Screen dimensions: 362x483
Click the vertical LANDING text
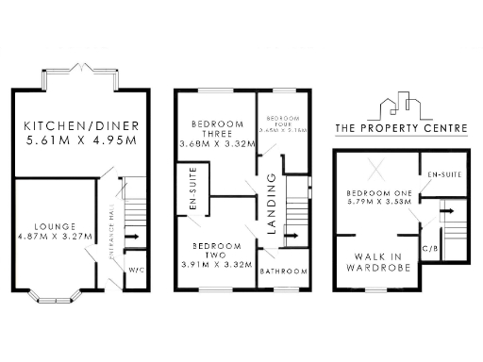click(x=271, y=203)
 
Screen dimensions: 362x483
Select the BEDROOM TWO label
click(x=215, y=250)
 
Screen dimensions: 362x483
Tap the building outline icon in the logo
click(x=402, y=106)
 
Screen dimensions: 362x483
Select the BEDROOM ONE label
click(x=376, y=189)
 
